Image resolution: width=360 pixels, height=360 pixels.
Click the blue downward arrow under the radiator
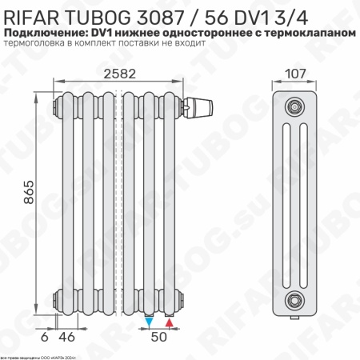pos(150,322)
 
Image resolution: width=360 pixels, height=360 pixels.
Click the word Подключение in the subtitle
pos(45,30)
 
